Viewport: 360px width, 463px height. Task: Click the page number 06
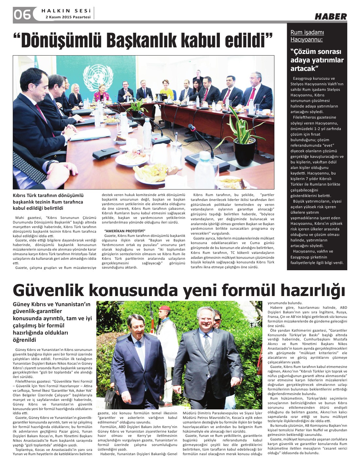click(22, 14)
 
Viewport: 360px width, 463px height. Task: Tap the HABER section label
click(331, 17)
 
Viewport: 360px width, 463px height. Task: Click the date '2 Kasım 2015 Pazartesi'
click(68, 17)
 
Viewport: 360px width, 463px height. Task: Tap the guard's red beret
click(164, 308)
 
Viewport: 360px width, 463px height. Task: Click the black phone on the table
click(106, 153)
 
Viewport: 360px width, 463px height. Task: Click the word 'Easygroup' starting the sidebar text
click(303, 78)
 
